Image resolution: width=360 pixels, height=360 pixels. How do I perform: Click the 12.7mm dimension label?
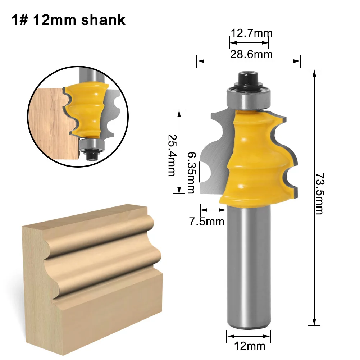pos(251,33)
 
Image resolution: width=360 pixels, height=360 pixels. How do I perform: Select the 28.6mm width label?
pos(251,54)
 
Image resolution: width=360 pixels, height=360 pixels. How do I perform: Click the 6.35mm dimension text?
pos(191,172)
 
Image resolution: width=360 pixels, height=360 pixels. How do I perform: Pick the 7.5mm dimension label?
pos(206,222)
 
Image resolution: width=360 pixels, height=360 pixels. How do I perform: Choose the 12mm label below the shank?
pos(249,346)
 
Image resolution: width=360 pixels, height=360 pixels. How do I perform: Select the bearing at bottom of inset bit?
pos(91,145)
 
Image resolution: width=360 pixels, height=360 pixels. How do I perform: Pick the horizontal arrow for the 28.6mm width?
pos(248,61)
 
